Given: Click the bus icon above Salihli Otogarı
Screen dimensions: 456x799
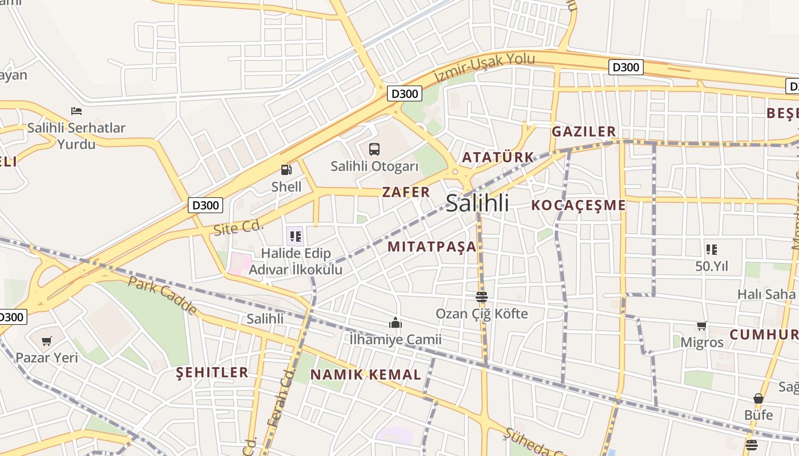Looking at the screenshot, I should pyautogui.click(x=374, y=149).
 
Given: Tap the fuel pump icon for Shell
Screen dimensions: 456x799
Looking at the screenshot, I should pyautogui.click(x=286, y=169).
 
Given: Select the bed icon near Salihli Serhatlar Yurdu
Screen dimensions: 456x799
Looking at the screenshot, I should pyautogui.click(x=76, y=111).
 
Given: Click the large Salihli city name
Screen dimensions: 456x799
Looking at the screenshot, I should pyautogui.click(x=477, y=203).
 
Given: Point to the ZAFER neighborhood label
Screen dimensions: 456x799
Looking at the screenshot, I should pyautogui.click(x=406, y=192).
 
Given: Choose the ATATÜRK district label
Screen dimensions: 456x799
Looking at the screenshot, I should pyautogui.click(x=498, y=157).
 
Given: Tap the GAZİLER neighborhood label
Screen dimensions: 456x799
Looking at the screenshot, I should pyautogui.click(x=584, y=132).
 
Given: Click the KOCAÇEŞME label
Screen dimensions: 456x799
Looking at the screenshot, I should pyautogui.click(x=579, y=205).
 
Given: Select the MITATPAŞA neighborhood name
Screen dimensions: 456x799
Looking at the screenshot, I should pyautogui.click(x=432, y=247).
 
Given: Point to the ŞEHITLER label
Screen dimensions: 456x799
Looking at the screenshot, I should pyautogui.click(x=212, y=373).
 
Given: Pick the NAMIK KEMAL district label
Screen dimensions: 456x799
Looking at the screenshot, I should pyautogui.click(x=366, y=374).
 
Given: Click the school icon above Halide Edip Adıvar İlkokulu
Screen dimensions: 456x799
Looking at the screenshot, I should pyautogui.click(x=295, y=236).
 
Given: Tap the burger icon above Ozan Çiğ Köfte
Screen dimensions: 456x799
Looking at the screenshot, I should pyautogui.click(x=482, y=297).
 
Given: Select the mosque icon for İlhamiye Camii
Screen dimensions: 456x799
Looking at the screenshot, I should pyautogui.click(x=396, y=323).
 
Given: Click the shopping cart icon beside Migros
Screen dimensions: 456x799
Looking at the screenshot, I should pyautogui.click(x=701, y=326).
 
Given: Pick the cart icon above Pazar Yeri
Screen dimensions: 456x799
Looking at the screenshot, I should pyautogui.click(x=47, y=341).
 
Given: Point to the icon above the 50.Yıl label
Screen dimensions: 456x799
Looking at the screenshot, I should pyautogui.click(x=711, y=249).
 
